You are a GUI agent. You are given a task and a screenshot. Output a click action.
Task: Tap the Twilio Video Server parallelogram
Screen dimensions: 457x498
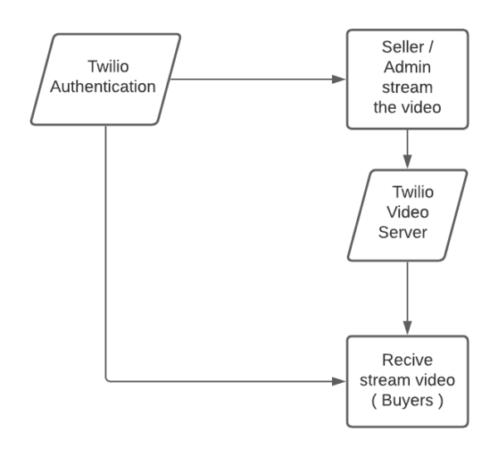coord(408,214)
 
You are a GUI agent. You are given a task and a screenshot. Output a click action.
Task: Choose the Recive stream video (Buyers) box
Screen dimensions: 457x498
coord(408,381)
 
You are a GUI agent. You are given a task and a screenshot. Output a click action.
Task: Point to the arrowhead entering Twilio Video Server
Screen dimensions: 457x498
coord(408,164)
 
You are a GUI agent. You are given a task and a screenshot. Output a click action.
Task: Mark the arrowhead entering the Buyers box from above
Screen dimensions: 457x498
coord(408,330)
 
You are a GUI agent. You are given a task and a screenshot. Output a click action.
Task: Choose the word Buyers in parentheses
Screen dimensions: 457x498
coord(408,399)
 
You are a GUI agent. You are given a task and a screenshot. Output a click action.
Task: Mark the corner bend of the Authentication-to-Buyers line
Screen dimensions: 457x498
coord(107,381)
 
